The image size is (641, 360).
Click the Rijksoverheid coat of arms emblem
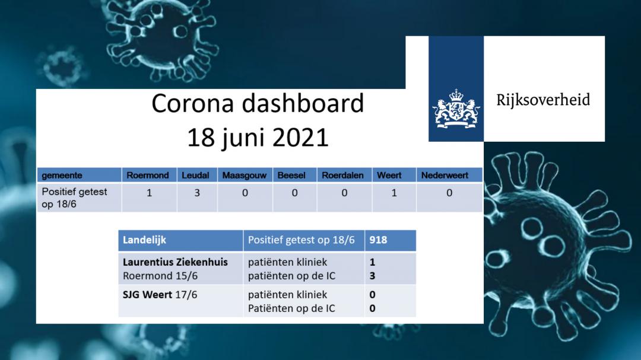(456, 109)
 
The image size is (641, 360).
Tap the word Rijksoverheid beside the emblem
(543, 100)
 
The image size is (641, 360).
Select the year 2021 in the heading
(300, 138)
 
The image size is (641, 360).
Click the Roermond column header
(148, 176)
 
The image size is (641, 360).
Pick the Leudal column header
(195, 176)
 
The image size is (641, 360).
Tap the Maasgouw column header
(245, 176)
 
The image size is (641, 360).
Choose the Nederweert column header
(445, 176)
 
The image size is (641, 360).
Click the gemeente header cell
(62, 176)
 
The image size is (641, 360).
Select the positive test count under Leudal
(197, 193)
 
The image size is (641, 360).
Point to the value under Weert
(394, 193)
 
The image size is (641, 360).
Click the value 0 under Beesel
(295, 193)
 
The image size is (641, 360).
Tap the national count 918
(378, 240)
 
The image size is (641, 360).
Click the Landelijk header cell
(144, 240)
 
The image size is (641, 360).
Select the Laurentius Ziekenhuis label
(175, 262)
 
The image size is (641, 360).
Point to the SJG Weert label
(147, 295)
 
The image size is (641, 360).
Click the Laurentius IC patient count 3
(372, 276)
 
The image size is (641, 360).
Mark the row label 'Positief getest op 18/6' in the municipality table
(74, 197)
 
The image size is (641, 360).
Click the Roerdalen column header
(342, 176)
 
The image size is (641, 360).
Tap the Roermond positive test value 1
(149, 193)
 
